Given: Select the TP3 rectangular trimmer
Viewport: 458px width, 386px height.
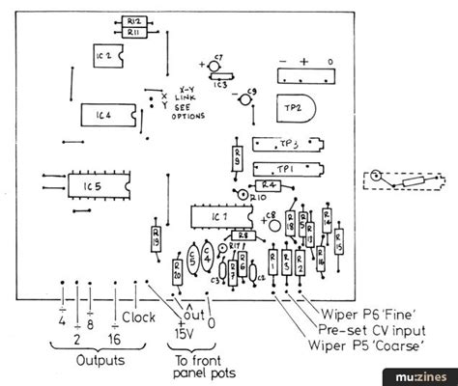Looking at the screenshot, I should (285, 144).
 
